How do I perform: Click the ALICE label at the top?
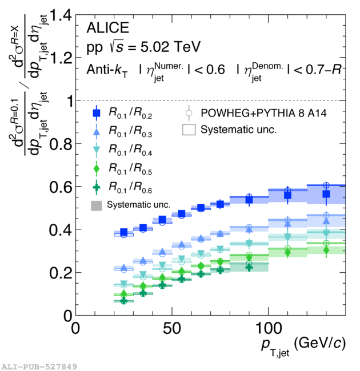click(108, 28)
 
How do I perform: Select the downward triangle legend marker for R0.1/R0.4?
click(96, 151)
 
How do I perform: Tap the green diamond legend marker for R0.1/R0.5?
click(96, 169)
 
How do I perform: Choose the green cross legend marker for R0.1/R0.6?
click(96, 187)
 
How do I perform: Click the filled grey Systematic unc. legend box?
click(96, 205)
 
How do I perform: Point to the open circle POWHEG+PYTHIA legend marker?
click(188, 112)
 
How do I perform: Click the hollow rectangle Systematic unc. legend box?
click(189, 130)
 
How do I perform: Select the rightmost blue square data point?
click(326, 194)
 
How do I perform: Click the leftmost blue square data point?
click(124, 232)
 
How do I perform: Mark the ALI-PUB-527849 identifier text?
click(38, 365)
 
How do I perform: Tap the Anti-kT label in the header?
click(106, 70)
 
